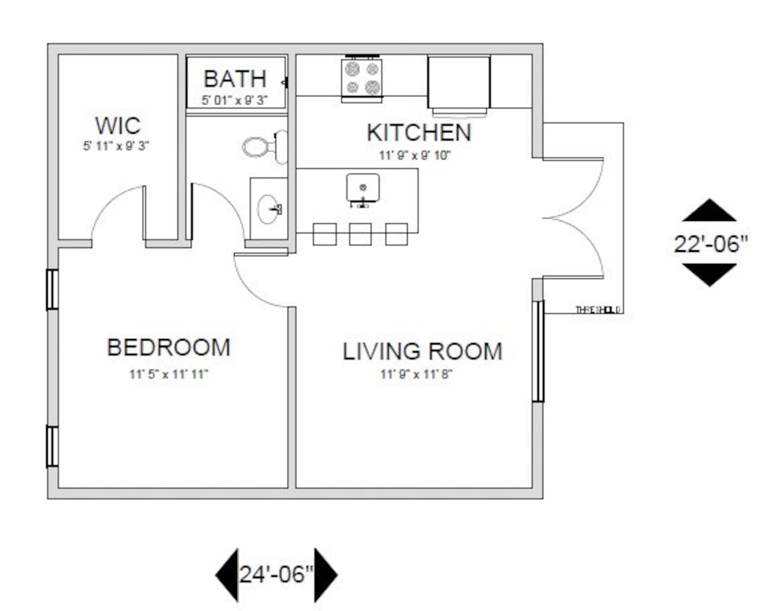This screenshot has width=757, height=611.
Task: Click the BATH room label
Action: pyautogui.click(x=235, y=79)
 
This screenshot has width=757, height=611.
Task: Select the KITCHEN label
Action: pyautogui.click(x=419, y=133)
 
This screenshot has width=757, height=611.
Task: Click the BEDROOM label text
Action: pyautogui.click(x=169, y=347)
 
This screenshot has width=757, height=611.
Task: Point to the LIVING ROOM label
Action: pyautogui.click(x=422, y=352)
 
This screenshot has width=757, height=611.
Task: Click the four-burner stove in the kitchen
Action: pyautogui.click(x=362, y=78)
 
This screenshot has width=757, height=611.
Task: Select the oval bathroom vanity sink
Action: pyautogui.click(x=269, y=209)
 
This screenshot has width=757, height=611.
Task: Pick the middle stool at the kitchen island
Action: pyautogui.click(x=360, y=234)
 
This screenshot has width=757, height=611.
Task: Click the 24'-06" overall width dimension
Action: pyautogui.click(x=276, y=574)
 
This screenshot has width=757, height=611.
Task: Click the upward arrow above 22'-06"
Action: pyautogui.click(x=709, y=211)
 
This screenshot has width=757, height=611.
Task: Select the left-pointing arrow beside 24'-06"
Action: pyautogui.click(x=227, y=574)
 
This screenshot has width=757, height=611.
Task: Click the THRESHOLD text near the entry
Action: pyautogui.click(x=598, y=310)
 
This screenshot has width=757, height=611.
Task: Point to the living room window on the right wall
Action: pyautogui.click(x=538, y=351)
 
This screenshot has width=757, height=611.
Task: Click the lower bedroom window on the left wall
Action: pyautogui.click(x=52, y=446)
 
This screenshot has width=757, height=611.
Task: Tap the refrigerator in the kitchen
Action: pyautogui.click(x=459, y=83)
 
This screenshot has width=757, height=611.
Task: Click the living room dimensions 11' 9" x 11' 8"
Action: pyautogui.click(x=416, y=374)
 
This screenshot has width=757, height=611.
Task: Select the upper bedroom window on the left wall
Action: pyautogui.click(x=52, y=290)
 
